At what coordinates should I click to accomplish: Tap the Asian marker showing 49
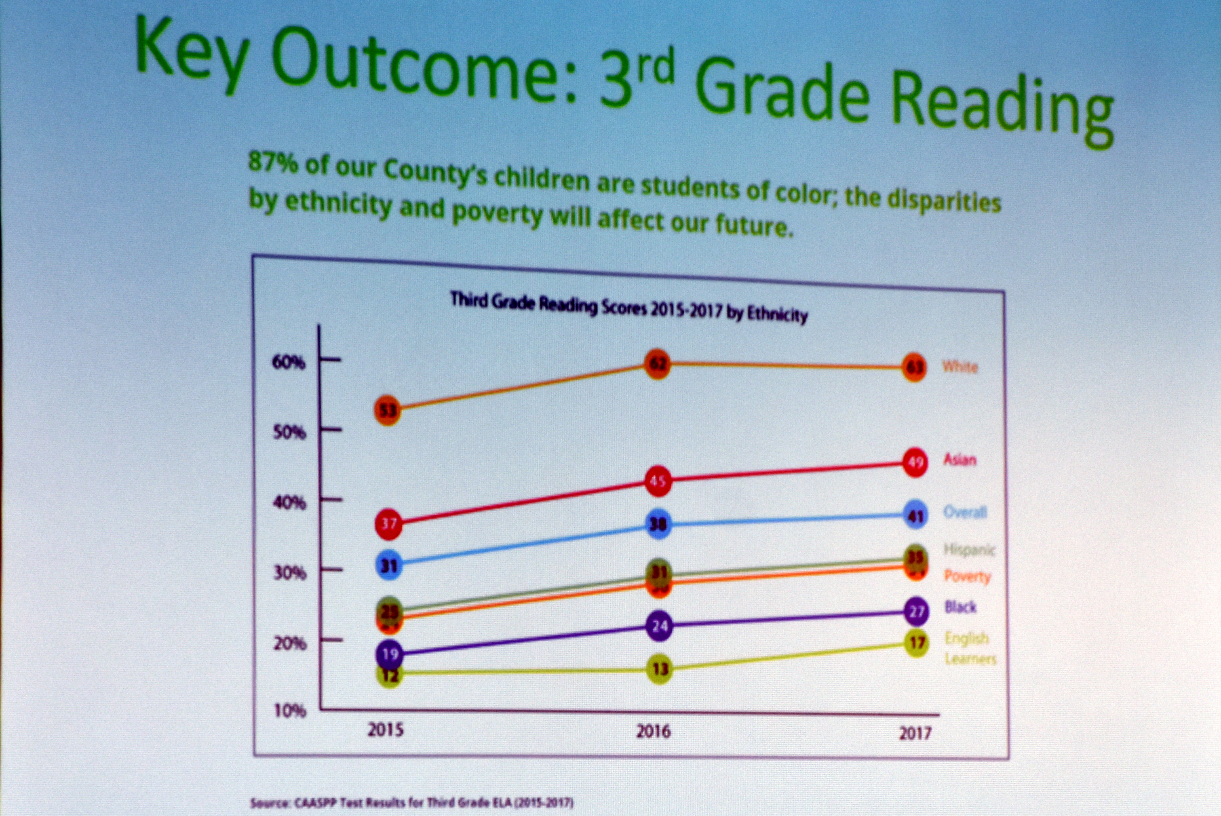pos(915,462)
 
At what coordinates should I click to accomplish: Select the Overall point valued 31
pos(389,565)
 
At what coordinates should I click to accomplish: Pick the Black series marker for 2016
pos(660,626)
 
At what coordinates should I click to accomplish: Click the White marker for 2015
pos(387,411)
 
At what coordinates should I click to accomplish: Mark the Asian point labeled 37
pos(389,523)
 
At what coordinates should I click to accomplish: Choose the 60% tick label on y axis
pos(288,362)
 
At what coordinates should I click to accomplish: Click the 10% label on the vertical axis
pos(290,711)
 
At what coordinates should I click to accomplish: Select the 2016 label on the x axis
pos(653,732)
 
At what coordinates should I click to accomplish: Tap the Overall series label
pos(965,512)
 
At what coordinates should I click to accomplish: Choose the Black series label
pos(960,607)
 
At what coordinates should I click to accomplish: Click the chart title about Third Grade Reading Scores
pos(629,308)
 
